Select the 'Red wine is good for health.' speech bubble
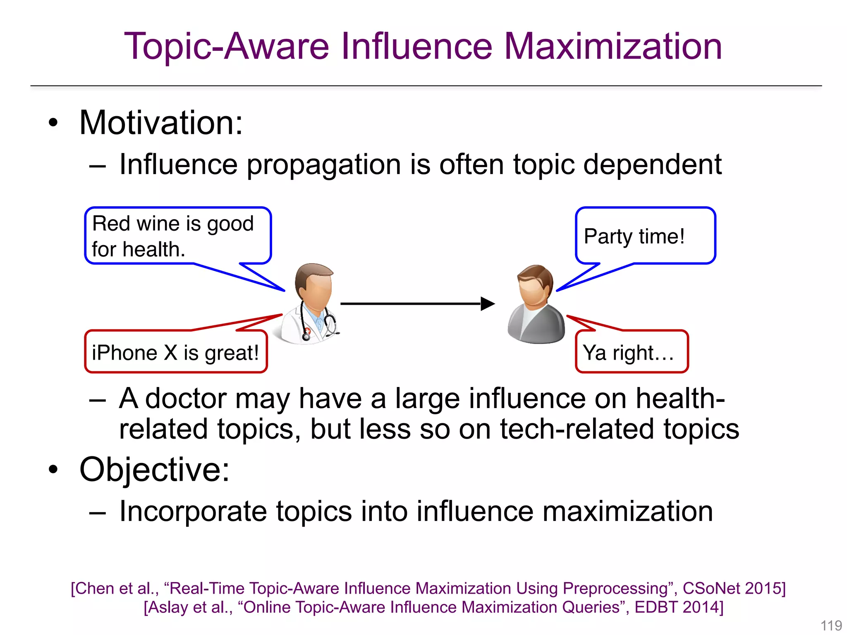tap(178, 236)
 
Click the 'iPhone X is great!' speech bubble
tap(176, 352)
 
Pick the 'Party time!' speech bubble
tap(645, 236)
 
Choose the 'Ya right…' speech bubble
tap(631, 352)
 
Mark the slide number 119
tap(831, 625)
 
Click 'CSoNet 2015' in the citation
tap(732, 588)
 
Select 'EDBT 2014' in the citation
tap(678, 607)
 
